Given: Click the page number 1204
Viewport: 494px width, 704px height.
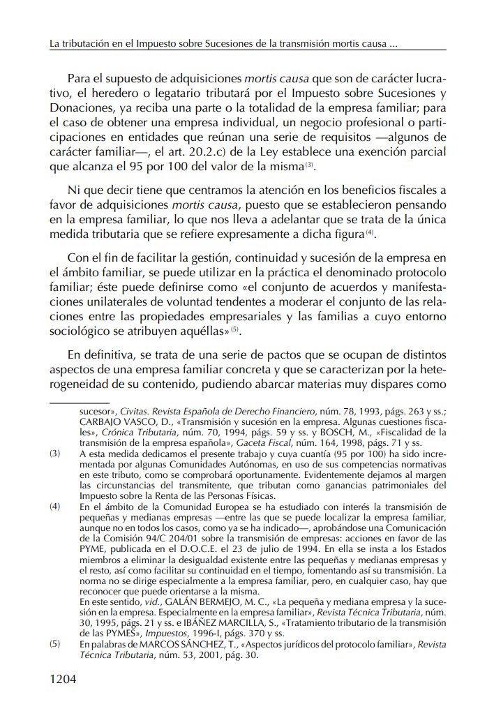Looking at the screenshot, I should coord(63,679).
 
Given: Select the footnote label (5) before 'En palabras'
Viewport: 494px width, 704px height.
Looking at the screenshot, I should coord(55,644).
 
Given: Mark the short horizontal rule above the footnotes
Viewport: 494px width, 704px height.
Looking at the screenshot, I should coord(80,403).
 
